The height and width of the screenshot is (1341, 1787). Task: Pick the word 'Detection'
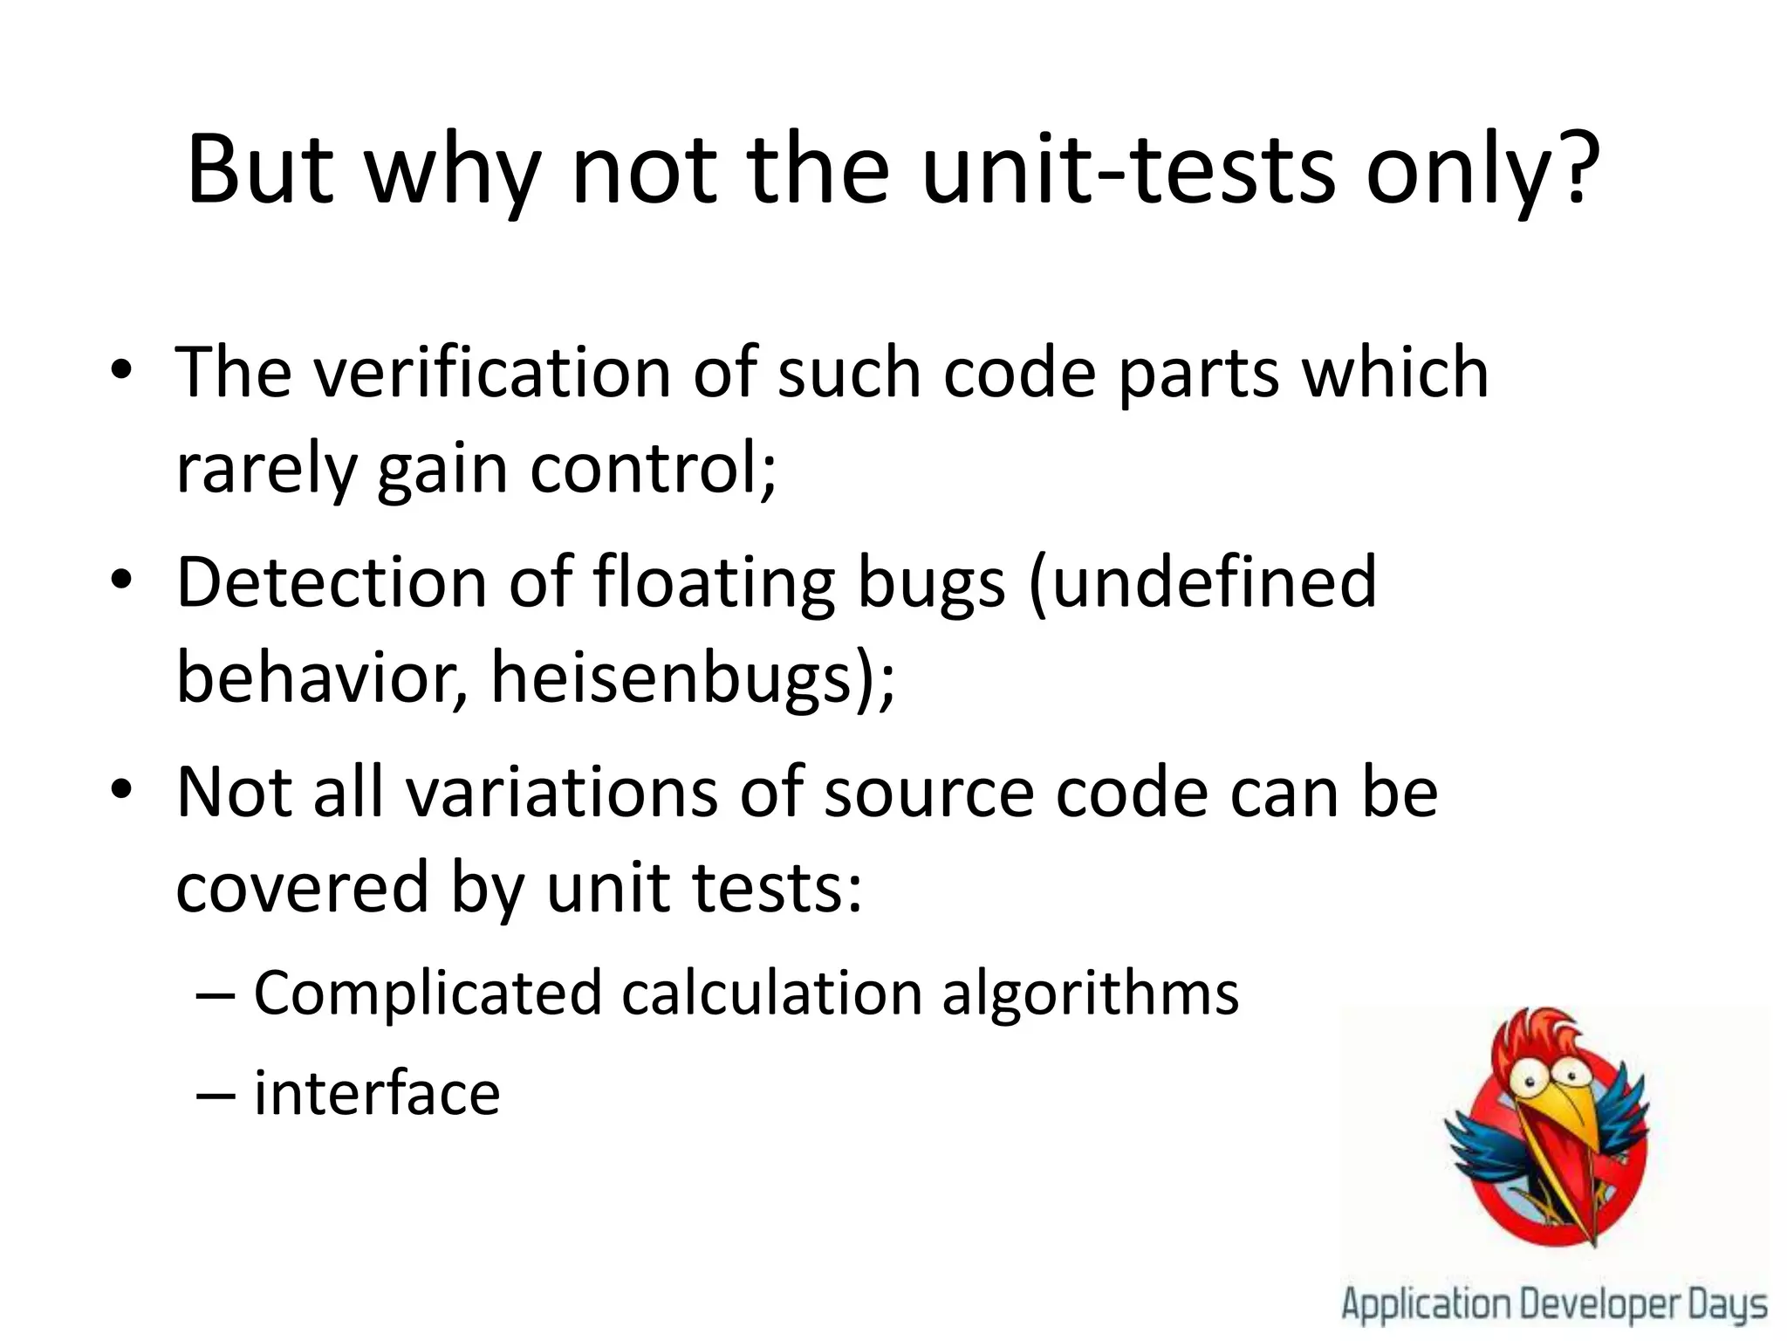click(x=332, y=583)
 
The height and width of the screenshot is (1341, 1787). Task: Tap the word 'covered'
click(x=302, y=887)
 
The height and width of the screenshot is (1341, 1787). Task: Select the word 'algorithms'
click(x=1090, y=994)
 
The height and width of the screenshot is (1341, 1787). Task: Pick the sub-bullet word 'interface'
click(x=377, y=1093)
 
